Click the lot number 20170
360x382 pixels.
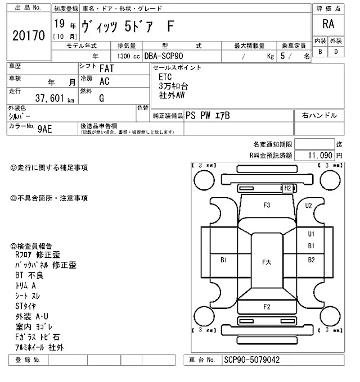click(28, 35)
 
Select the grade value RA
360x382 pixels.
click(327, 24)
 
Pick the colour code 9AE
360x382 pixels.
click(46, 128)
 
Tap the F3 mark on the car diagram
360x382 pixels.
click(267, 205)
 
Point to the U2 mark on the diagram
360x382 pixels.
click(309, 206)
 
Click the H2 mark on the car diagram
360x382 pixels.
click(287, 188)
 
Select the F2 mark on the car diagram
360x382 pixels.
click(267, 306)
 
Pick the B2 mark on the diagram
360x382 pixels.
click(311, 260)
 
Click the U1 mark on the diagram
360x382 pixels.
click(311, 234)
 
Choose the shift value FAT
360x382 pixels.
click(107, 69)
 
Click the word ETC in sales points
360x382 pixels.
click(165, 76)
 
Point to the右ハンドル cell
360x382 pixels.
click(319, 115)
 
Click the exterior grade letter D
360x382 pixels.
click(336, 52)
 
